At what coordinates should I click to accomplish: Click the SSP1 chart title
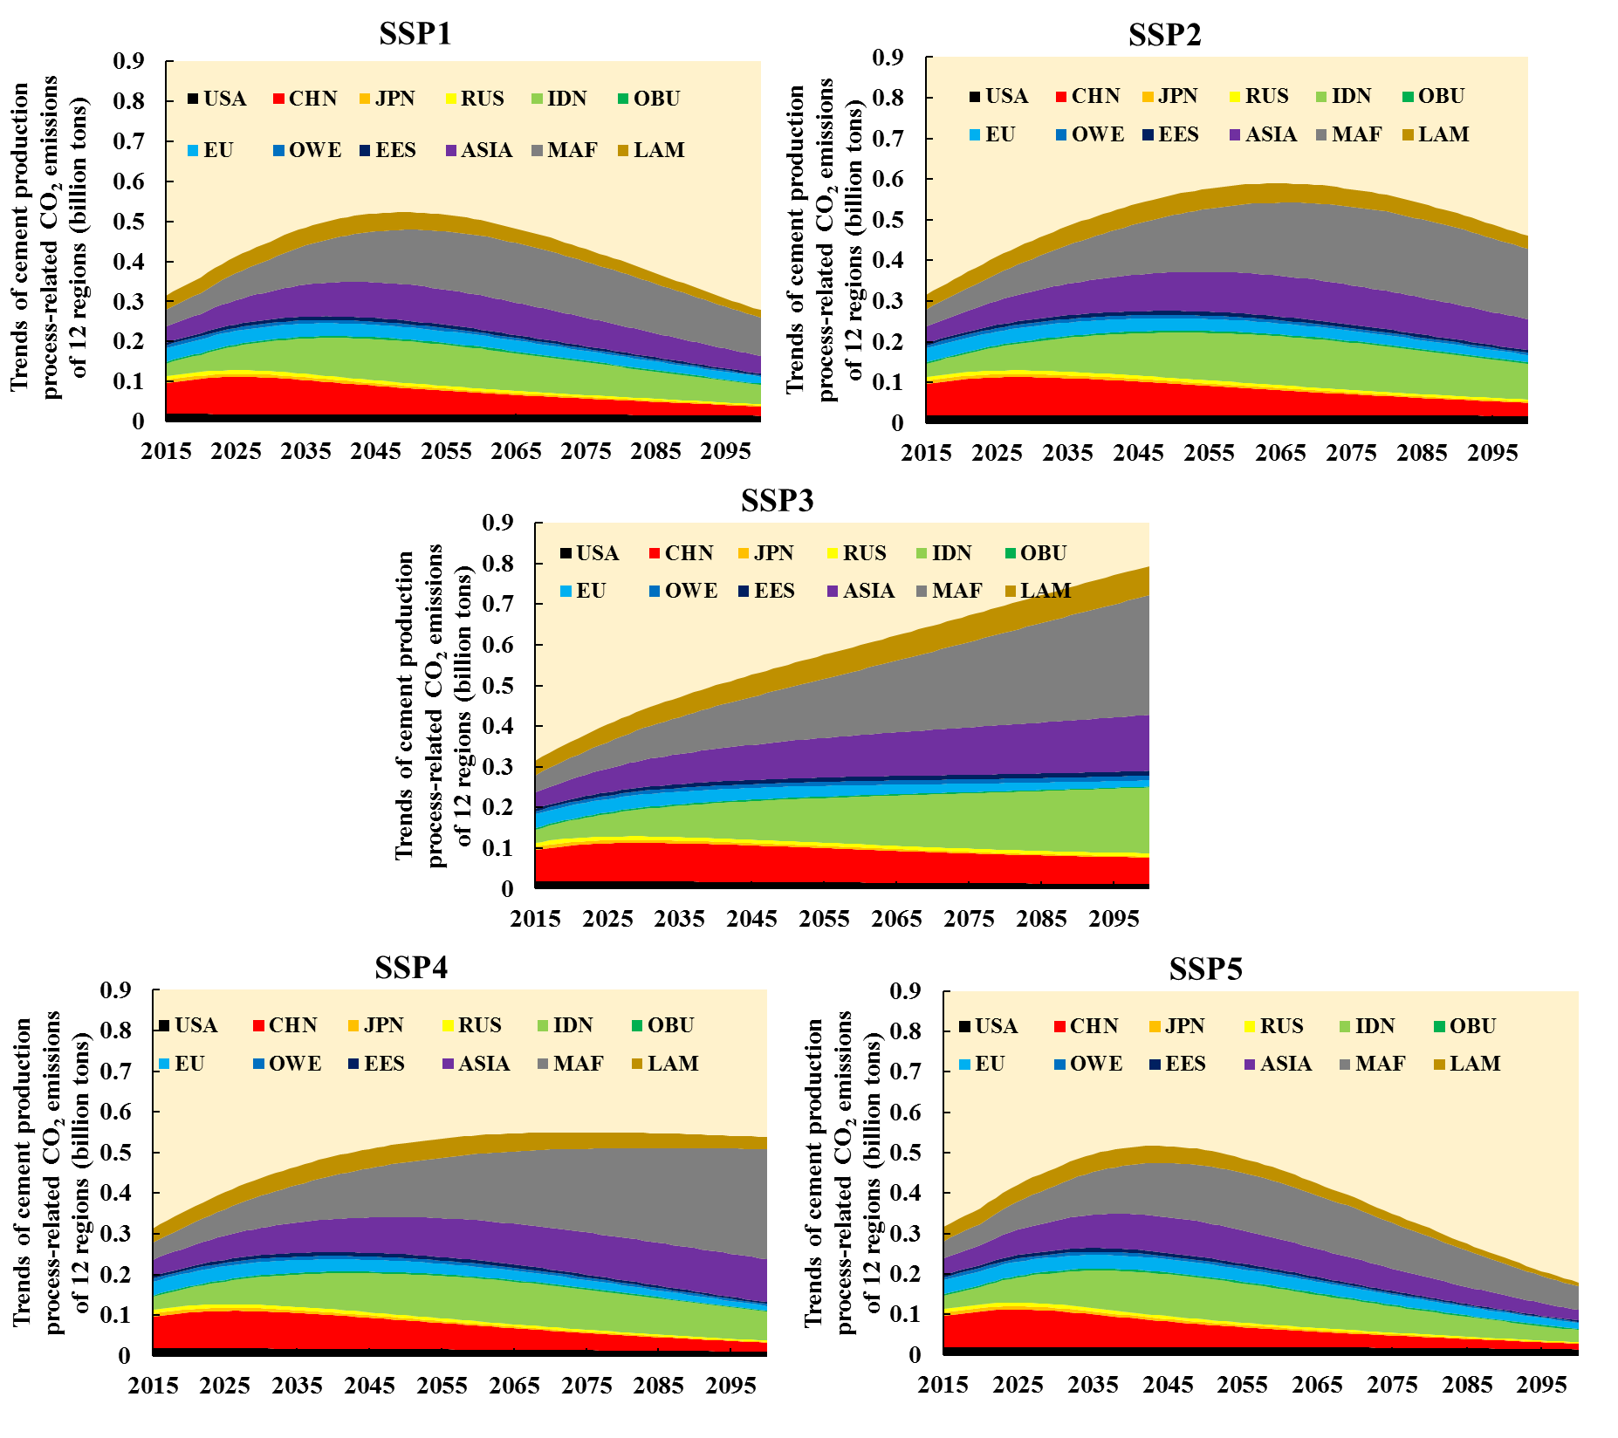[415, 33]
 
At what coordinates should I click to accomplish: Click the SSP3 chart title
[777, 500]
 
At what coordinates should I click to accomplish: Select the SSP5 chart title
[1205, 969]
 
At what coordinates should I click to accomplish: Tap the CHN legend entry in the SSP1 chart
[305, 99]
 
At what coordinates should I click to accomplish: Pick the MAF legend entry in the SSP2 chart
[1348, 134]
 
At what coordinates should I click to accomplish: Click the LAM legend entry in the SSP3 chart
[1038, 591]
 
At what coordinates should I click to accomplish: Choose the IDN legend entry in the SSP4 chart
[565, 1025]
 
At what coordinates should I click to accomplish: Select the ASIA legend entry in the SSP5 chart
[1278, 1064]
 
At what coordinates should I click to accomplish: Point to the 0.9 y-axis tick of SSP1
[128, 61]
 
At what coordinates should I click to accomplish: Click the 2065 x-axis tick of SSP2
[1280, 453]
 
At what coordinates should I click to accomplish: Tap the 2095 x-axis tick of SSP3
[1114, 919]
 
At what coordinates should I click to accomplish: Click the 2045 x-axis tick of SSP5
[1168, 1385]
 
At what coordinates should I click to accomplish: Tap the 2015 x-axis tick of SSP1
[166, 451]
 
